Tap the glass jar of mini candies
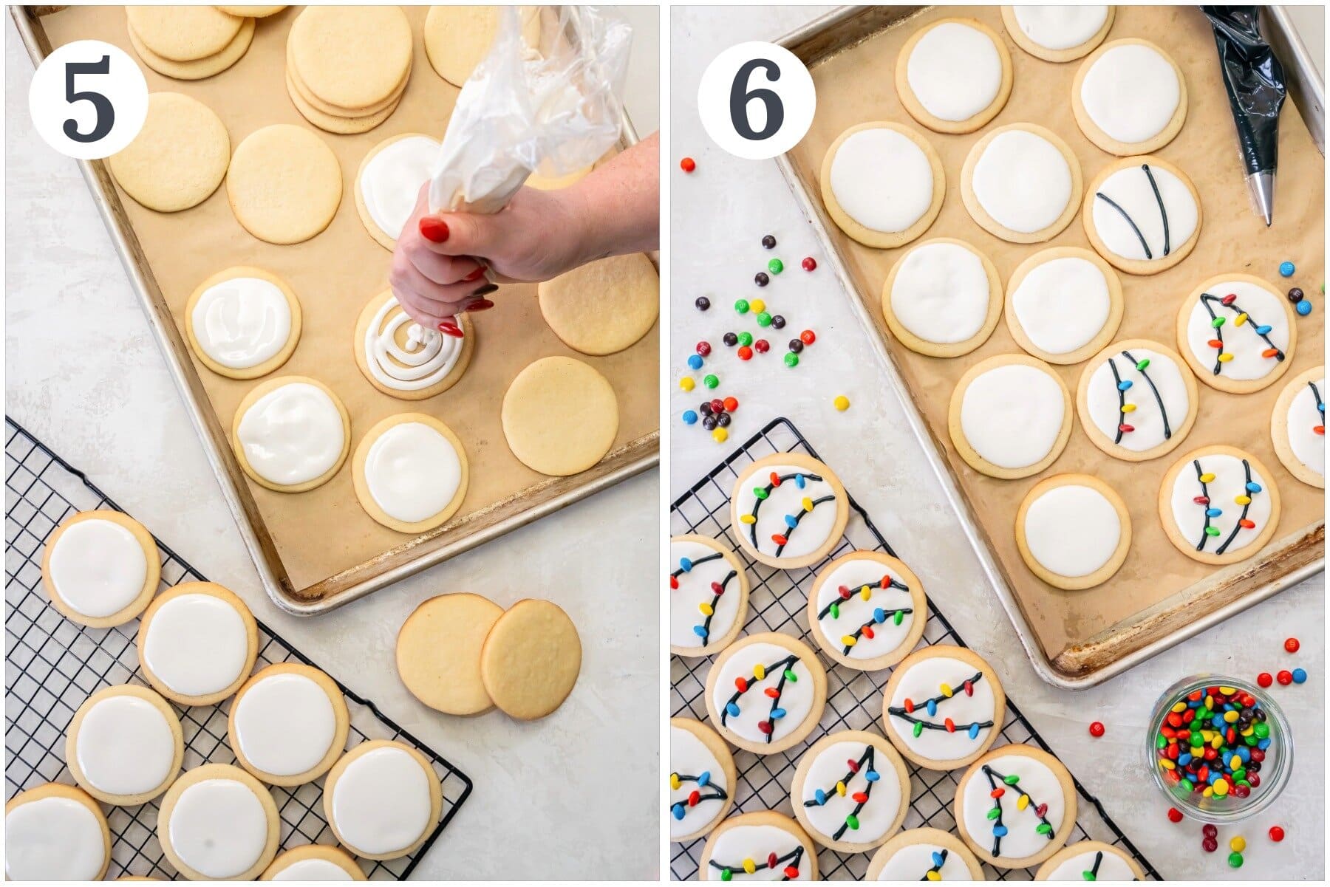pos(1218,750)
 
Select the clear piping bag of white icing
pos(517,111)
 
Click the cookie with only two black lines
pos(1141,214)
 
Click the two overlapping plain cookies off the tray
pos(488,656)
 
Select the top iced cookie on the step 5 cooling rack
pos(101,567)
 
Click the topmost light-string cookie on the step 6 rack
pos(789,510)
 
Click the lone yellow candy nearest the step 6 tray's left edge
pos(841,403)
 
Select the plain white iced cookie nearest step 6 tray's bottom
pos(1073,530)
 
